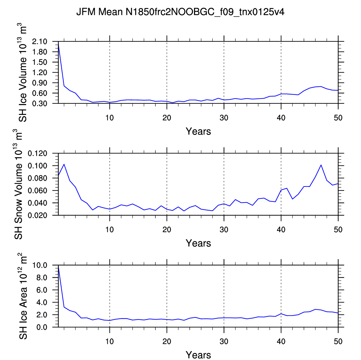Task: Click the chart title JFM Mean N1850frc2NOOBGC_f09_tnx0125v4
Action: (180, 12)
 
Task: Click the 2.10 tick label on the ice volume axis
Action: (39, 41)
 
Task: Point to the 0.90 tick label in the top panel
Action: (39, 83)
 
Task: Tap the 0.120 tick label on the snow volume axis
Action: (37, 153)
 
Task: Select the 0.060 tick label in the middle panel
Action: (37, 190)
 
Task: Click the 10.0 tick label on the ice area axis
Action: (40, 265)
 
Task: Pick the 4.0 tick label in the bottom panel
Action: (42, 302)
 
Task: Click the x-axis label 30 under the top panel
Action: (224, 118)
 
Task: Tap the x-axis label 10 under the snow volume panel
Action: (109, 230)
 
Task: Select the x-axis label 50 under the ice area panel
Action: (338, 341)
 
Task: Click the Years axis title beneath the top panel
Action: (198, 131)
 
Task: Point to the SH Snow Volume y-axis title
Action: (18, 184)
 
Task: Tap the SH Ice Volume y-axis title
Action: (22, 72)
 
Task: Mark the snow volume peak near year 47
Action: (321, 165)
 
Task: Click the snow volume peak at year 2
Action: (64, 164)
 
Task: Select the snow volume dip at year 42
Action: (292, 199)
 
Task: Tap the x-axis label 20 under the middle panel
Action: (167, 230)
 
